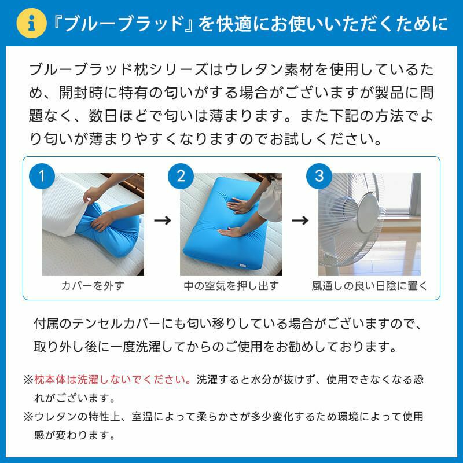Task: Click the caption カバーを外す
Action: point(93,286)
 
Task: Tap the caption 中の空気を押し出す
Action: point(231,286)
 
